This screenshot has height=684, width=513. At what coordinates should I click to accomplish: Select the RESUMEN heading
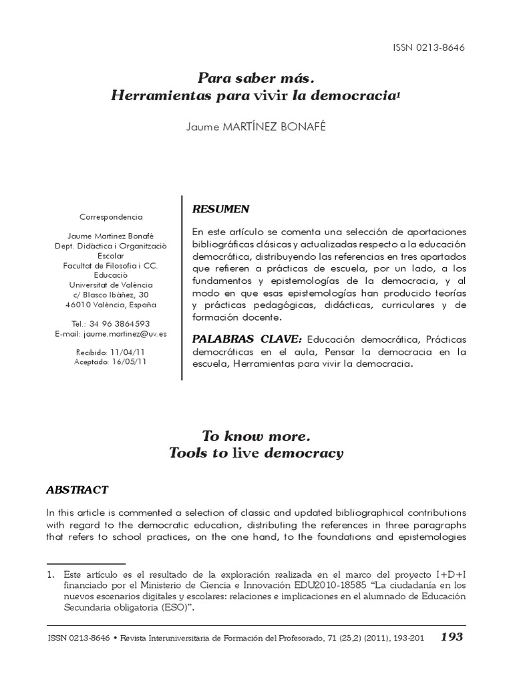(x=220, y=209)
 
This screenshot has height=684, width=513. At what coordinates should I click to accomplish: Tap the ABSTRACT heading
(x=77, y=490)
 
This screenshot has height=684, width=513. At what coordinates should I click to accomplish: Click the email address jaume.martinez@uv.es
(x=127, y=333)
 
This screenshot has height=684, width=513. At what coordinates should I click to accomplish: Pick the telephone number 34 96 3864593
(x=121, y=324)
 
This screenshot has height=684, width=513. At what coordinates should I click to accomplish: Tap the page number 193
(x=452, y=637)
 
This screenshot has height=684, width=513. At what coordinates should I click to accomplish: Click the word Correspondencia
(x=111, y=217)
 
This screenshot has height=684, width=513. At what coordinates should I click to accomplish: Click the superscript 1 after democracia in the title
(x=399, y=94)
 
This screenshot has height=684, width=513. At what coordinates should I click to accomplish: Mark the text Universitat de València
(x=111, y=285)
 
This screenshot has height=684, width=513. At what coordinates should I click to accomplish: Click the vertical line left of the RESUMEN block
(x=182, y=288)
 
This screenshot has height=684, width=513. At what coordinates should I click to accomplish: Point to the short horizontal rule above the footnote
(x=86, y=563)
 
